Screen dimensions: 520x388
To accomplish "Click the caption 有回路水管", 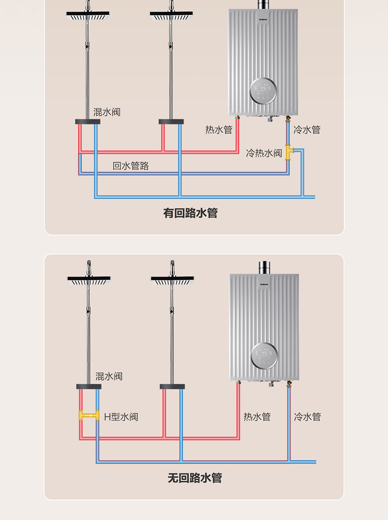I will tap(190, 213).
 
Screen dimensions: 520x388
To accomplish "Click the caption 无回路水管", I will tap(194, 478).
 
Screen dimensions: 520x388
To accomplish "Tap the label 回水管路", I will tap(131, 166).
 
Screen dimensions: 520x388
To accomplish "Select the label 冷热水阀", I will tap(264, 153).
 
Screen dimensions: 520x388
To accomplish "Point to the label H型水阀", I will tap(121, 417).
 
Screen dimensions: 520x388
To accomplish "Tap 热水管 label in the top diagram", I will tap(219, 130).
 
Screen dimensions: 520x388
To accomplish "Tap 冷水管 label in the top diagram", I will tap(307, 130).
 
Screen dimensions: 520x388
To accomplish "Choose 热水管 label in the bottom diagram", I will tap(257, 417).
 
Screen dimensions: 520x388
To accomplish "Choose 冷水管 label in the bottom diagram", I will tap(307, 417).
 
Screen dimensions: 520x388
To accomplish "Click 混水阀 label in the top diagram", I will tap(107, 112).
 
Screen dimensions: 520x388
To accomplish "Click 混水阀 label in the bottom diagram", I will tap(109, 376).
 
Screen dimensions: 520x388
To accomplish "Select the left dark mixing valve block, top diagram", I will tap(87, 122).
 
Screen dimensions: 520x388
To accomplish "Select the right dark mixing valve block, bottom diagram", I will tap(172, 387).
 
